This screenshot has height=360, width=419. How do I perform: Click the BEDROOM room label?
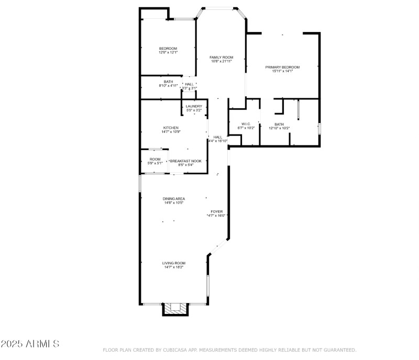[168, 48]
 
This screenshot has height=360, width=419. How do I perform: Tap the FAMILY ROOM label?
[221, 57]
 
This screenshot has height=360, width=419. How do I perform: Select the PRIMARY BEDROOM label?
[282, 67]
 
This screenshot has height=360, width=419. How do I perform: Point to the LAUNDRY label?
[194, 106]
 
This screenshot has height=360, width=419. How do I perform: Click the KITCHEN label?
[171, 128]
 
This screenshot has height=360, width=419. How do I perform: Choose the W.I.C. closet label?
[246, 124]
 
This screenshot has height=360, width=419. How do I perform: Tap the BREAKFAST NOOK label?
[185, 161]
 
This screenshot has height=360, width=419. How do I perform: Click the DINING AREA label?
[173, 198]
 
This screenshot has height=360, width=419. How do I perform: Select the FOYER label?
[217, 211]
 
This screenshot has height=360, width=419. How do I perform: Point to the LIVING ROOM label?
[173, 263]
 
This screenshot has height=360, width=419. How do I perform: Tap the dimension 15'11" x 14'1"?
[282, 71]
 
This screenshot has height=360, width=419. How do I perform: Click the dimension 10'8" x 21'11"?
[221, 61]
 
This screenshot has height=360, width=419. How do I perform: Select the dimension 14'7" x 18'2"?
[173, 267]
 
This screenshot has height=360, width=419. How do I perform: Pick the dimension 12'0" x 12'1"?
[168, 52]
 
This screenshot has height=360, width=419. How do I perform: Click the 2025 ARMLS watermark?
[30, 344]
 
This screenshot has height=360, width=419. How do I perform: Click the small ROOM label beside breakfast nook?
[155, 159]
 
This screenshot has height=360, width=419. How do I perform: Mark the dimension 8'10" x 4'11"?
[168, 85]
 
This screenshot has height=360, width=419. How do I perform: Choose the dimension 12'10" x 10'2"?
[279, 128]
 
